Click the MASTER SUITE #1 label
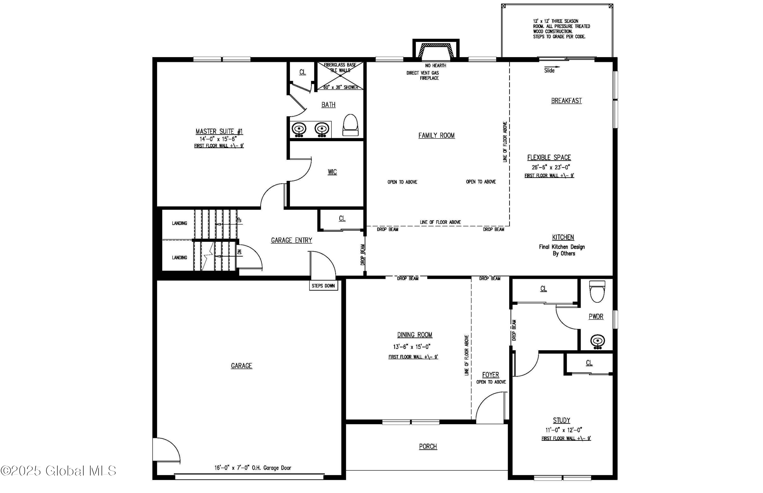(x=219, y=132)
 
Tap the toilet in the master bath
(x=350, y=125)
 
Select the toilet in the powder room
(x=597, y=292)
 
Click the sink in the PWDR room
(x=597, y=342)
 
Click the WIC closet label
(x=332, y=172)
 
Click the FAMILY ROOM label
(x=436, y=135)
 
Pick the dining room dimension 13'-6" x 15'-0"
(x=412, y=347)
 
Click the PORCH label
(x=428, y=447)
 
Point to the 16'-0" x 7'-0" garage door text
(x=253, y=468)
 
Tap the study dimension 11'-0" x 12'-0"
(x=564, y=430)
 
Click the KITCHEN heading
(x=563, y=237)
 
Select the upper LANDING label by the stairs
(x=180, y=223)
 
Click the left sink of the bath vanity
(x=299, y=129)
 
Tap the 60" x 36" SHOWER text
(x=341, y=87)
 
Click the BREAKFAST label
(x=566, y=101)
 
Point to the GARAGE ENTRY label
(x=291, y=240)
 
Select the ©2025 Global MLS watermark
(x=58, y=471)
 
